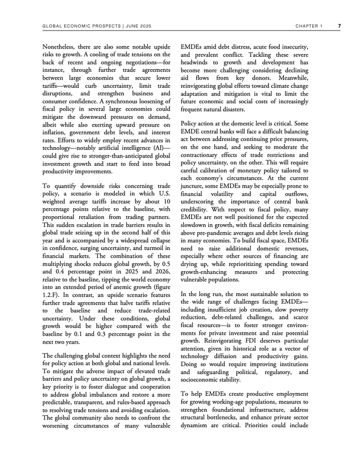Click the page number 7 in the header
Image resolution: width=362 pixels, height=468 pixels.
[x=339, y=25]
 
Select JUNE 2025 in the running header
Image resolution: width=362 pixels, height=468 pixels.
[x=138, y=25]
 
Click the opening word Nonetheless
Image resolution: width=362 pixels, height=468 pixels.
[x=61, y=46]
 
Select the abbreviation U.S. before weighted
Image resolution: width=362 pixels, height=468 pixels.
[x=164, y=193]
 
